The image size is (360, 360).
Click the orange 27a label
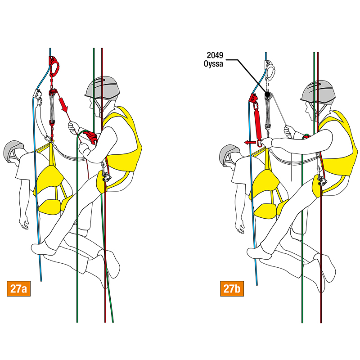coord(18,288)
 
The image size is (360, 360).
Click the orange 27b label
coord(232,288)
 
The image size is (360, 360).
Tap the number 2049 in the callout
coord(215,55)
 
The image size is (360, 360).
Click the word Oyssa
coord(213,63)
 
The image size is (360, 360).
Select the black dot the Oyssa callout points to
coord(267,94)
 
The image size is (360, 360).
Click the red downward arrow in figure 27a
coord(63,104)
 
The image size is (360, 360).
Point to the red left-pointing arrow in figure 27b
coord(250,143)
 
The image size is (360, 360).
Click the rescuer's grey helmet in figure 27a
coord(103,88)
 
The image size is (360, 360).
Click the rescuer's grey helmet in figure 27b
coord(318,91)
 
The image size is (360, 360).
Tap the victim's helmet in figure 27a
coord(13,149)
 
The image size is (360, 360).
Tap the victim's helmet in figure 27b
coord(229,153)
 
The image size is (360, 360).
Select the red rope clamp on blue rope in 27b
coord(253,98)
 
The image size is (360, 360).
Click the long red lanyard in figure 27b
coord(257,124)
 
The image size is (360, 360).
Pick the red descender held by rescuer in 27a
coord(91,137)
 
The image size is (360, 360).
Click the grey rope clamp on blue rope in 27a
coord(37,94)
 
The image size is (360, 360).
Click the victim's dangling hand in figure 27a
coord(24,223)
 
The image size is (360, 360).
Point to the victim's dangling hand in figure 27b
coord(240,227)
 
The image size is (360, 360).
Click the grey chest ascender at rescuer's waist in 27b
coord(322,181)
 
